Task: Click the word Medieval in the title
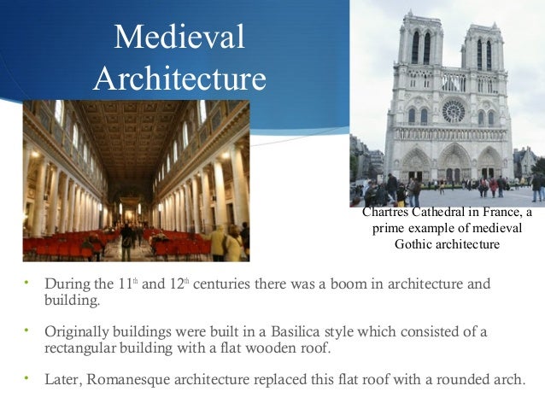coord(179,37)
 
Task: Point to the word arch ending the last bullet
coord(509,380)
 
